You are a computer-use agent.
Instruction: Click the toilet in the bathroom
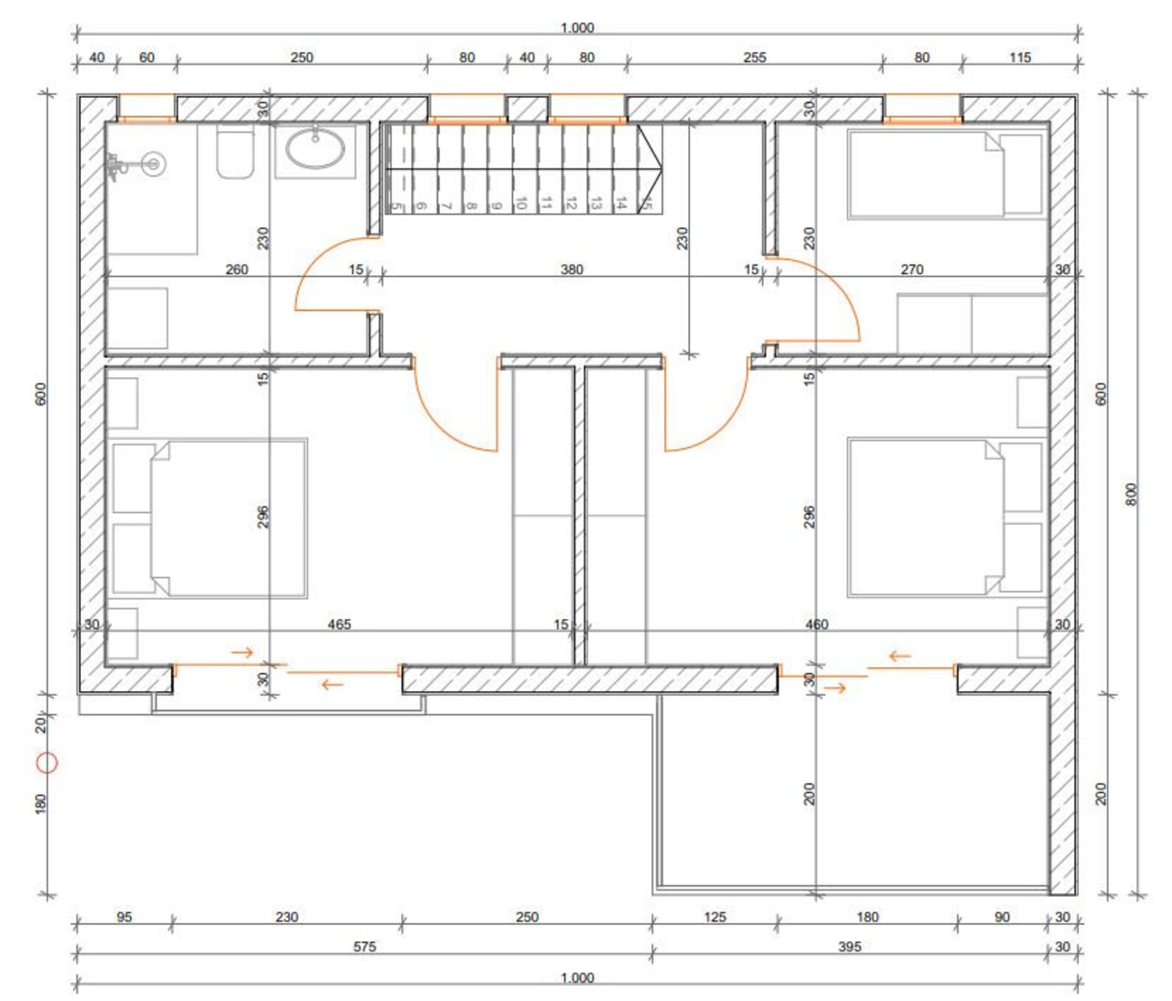pos(235,154)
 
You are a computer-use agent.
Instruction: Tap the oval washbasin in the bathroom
pos(315,149)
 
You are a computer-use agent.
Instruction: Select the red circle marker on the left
pos(47,763)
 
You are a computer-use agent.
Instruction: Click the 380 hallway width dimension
pos(571,269)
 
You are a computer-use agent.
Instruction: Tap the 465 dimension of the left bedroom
pos(339,625)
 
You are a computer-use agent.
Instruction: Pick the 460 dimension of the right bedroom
pos(816,625)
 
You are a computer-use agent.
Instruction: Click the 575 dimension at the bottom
pos(364,946)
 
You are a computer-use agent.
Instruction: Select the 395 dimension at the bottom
pos(849,946)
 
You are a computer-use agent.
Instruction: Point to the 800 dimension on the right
pos(1131,494)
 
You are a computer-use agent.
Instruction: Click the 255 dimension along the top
pos(754,58)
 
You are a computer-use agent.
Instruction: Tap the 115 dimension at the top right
pos(1019,58)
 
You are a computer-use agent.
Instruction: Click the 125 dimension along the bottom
pos(714,917)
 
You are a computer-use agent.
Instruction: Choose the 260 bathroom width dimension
pos(236,269)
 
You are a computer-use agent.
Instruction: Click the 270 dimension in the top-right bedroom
pos(911,269)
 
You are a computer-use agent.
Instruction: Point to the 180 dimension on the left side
pos(41,803)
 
